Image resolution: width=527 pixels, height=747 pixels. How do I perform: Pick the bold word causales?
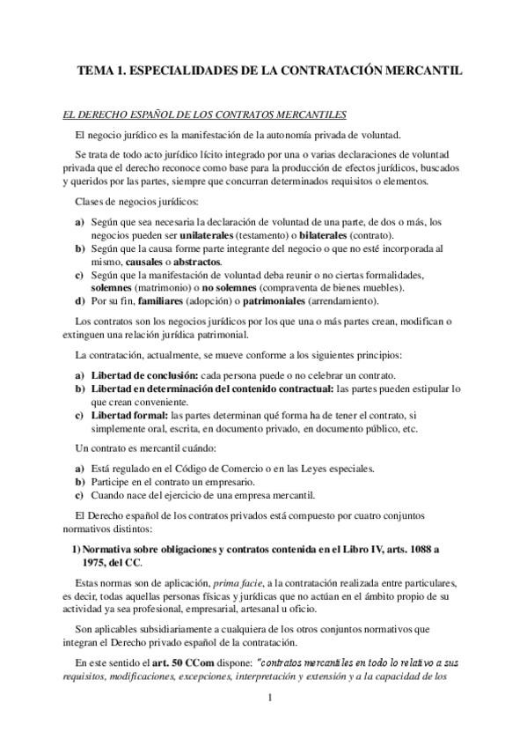pos(126,263)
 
